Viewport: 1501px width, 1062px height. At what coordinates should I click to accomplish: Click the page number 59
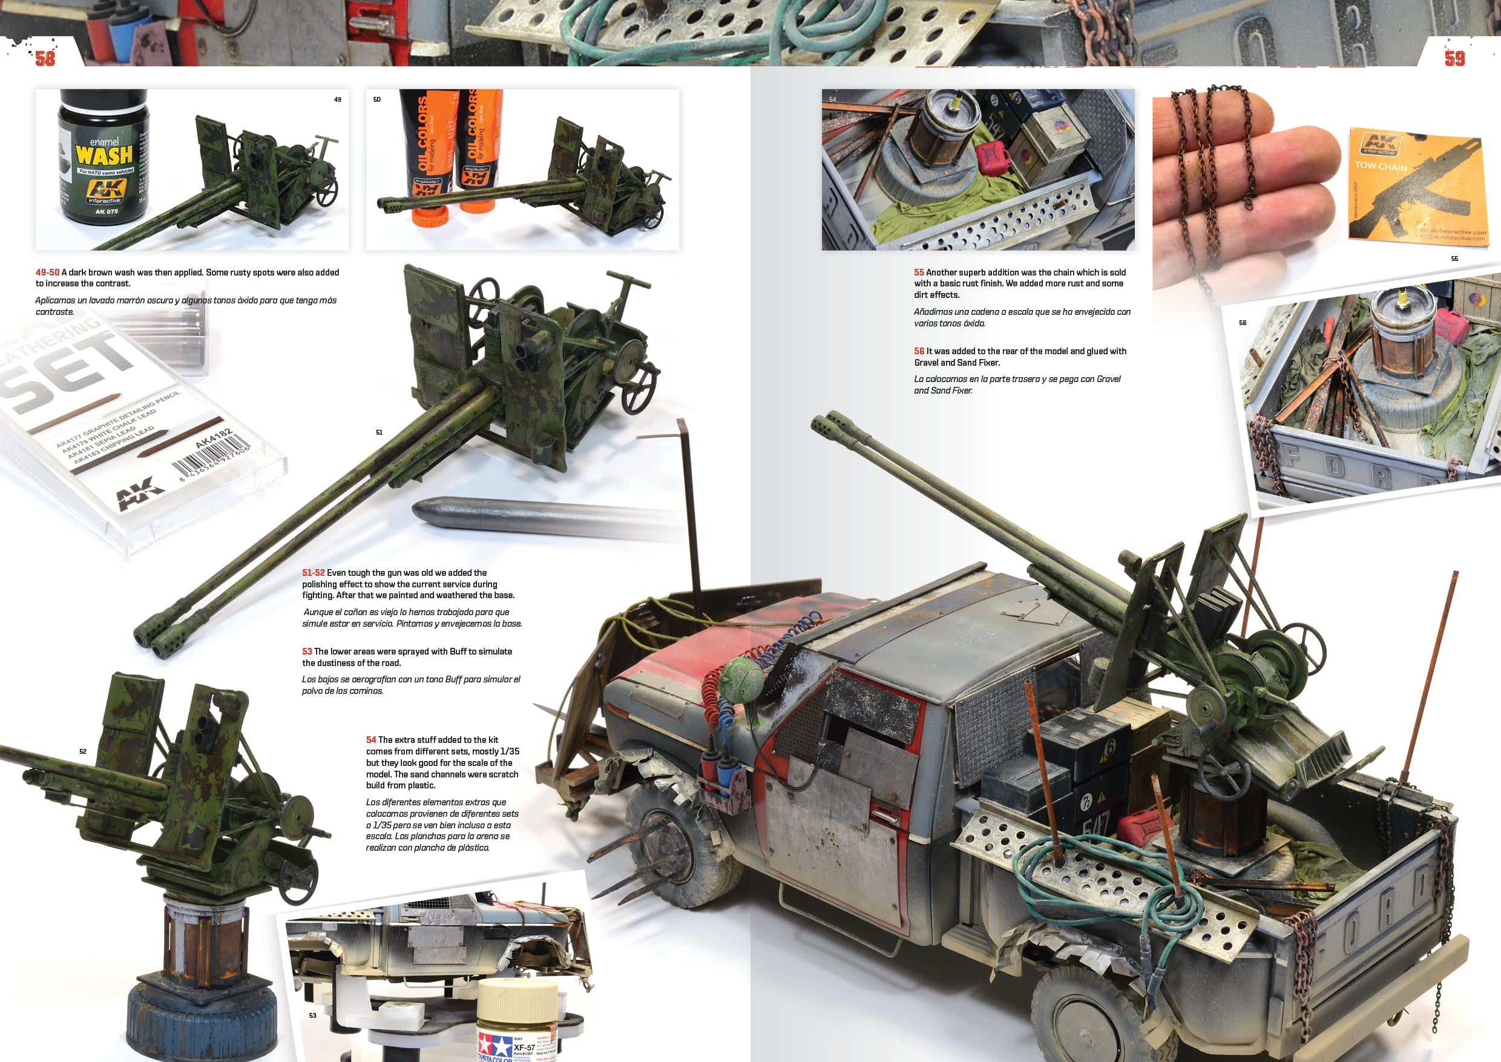click(1454, 58)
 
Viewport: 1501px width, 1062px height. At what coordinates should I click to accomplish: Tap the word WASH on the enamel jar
click(104, 156)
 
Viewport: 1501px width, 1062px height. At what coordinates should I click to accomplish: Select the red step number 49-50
click(47, 272)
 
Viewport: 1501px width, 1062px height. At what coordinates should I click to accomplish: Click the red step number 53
click(307, 651)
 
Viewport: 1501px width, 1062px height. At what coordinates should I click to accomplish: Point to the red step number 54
click(370, 740)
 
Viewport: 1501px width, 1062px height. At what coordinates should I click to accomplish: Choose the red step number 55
click(919, 272)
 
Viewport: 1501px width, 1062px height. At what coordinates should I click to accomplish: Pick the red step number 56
click(919, 351)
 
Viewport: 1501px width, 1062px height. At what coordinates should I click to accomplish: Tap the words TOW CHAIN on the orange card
click(1381, 166)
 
